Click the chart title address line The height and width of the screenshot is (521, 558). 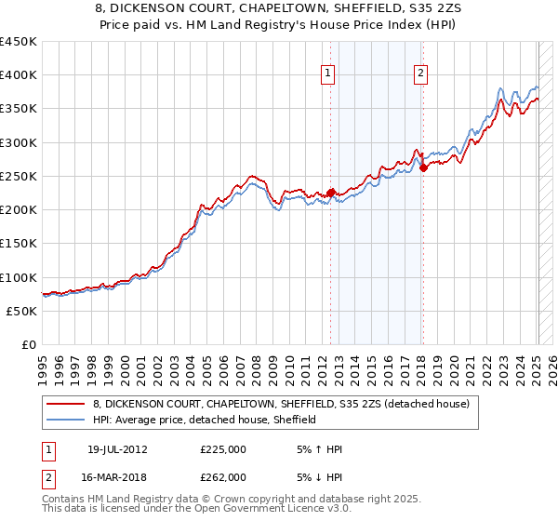click(279, 9)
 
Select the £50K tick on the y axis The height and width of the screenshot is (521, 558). click(22, 311)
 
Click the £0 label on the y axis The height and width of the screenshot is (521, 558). click(30, 344)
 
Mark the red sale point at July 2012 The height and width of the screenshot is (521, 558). click(330, 194)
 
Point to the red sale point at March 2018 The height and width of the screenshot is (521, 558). click(423, 168)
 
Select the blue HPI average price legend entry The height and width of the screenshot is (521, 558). click(205, 420)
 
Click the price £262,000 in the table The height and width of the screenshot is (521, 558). click(223, 477)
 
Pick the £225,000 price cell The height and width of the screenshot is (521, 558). click(223, 449)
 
